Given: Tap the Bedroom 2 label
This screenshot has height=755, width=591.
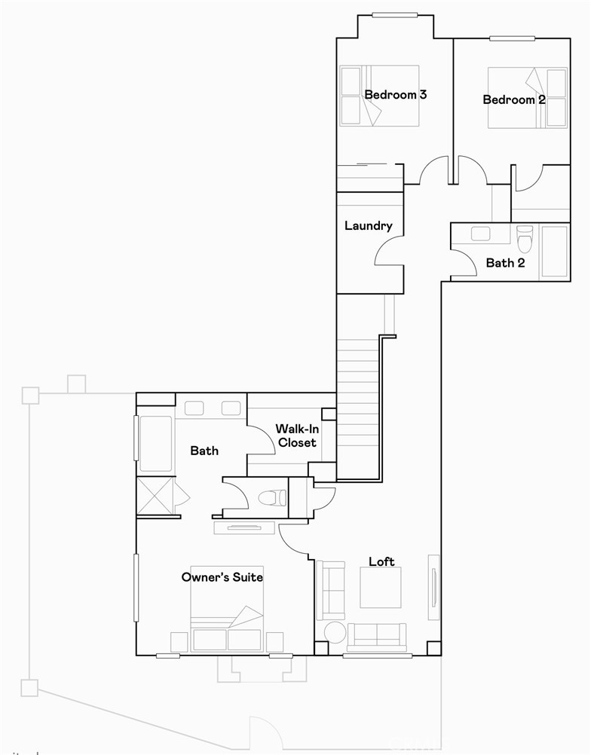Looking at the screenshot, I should pos(514,99).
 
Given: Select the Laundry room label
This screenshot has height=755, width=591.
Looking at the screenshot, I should pos(368,225).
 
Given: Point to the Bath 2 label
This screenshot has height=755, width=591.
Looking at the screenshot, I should pos(505,263).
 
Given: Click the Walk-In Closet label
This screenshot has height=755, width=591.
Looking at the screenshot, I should pos(296,436).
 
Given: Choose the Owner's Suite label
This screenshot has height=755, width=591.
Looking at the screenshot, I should pos(222,577).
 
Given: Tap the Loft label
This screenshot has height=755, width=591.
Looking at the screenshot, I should pos(381,561).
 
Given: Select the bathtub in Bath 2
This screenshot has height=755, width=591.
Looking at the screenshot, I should pos(554,251).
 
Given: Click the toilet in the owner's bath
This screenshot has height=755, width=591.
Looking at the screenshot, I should pos(272,498).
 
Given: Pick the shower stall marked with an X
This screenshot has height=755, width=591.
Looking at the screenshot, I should pos(155,495).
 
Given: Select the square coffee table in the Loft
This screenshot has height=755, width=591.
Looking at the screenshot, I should pos(380,588).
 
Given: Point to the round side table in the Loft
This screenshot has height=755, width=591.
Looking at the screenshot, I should pos(334,632).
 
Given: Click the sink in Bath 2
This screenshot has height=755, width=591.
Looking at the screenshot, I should pos(481,234).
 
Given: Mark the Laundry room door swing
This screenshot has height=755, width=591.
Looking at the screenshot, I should pos(389,260).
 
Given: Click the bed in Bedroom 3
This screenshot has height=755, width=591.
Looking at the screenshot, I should pos(379,96).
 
